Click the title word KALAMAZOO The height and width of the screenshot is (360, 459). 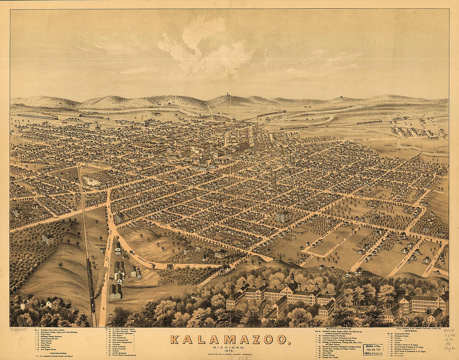click(230, 339)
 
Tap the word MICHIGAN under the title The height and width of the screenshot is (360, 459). click(230, 347)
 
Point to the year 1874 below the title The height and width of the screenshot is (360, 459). click(230, 352)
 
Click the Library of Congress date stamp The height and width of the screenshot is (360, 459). click(373, 349)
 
